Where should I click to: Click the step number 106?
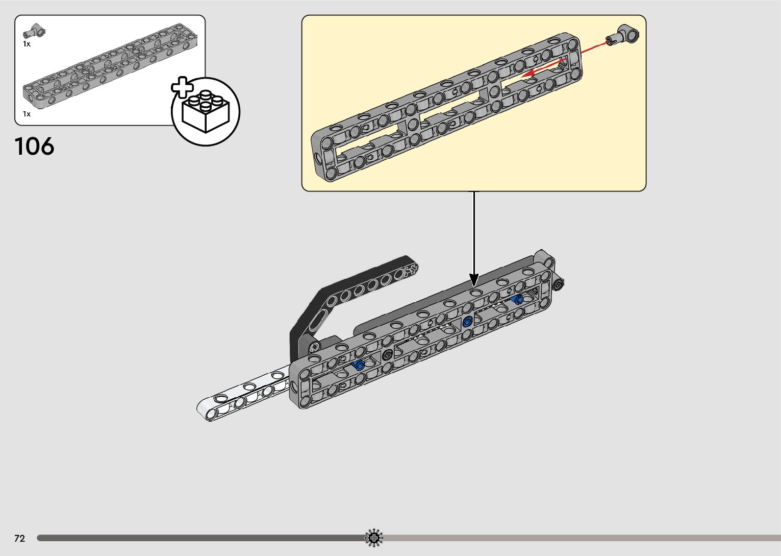point(34,147)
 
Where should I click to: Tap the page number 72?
point(20,538)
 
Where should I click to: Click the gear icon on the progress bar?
point(374,537)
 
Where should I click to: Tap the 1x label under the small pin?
point(27,44)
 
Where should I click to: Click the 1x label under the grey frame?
point(27,114)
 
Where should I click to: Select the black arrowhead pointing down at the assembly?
point(474,280)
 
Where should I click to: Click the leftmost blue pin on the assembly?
point(359,365)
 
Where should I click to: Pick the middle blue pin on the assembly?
point(467,322)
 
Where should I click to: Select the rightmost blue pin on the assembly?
point(517,299)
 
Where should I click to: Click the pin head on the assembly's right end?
point(559,284)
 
